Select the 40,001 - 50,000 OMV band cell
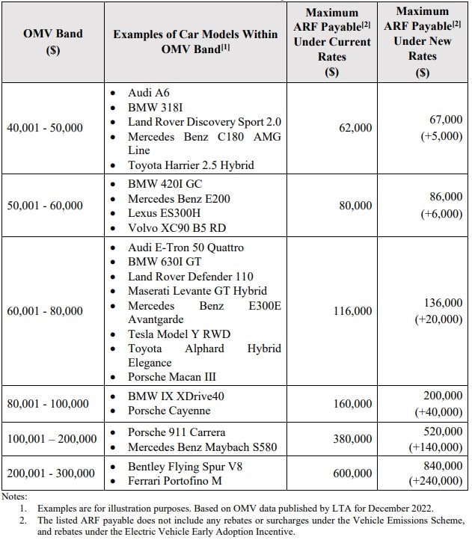pyautogui.click(x=45, y=128)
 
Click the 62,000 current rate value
pyautogui.click(x=355, y=128)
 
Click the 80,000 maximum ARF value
pyautogui.click(x=355, y=206)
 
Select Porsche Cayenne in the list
pyautogui.click(x=169, y=411)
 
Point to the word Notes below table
pyautogui.click(x=13, y=496)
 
